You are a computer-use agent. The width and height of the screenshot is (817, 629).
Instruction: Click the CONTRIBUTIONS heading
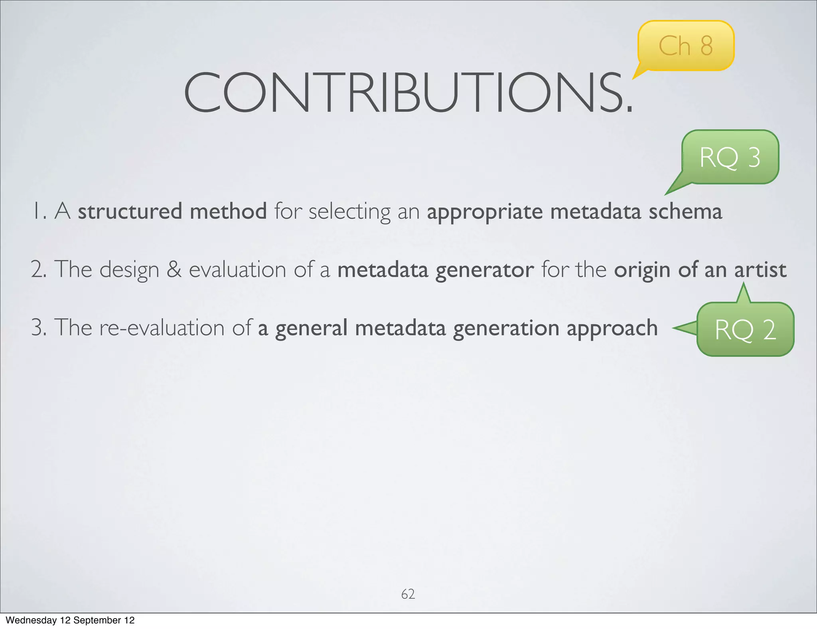pyautogui.click(x=408, y=93)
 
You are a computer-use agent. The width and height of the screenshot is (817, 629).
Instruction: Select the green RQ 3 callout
pyautogui.click(x=730, y=157)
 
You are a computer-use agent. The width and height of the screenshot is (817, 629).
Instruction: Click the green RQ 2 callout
pyautogui.click(x=745, y=330)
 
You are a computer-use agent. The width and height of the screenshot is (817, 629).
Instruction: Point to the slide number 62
pyautogui.click(x=408, y=594)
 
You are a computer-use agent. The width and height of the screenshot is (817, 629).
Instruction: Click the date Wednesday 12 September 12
pyautogui.click(x=70, y=620)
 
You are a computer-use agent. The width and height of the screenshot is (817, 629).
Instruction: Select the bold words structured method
pyautogui.click(x=172, y=211)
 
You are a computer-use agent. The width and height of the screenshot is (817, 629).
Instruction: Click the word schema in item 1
pyautogui.click(x=685, y=211)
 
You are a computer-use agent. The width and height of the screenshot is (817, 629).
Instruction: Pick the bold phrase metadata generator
pyautogui.click(x=435, y=270)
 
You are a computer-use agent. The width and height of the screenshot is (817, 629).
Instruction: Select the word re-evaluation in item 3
pyautogui.click(x=162, y=328)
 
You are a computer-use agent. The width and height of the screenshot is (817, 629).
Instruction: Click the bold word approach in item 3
pyautogui.click(x=612, y=328)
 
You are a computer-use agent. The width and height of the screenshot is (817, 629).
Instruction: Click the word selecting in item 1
pyautogui.click(x=349, y=212)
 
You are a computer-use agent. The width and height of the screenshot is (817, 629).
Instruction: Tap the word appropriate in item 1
pyautogui.click(x=484, y=212)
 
